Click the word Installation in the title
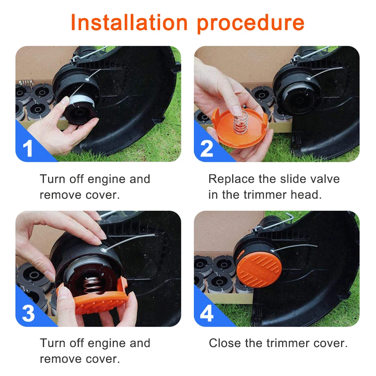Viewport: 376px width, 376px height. [x=129, y=23]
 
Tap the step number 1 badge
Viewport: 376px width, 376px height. [x=27, y=148]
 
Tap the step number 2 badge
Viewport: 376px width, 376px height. [x=207, y=148]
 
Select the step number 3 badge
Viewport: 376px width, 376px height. [x=28, y=313]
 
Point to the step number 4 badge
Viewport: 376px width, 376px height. [x=207, y=313]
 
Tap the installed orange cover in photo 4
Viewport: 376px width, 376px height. [x=259, y=270]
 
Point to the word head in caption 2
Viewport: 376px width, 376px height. [x=306, y=195]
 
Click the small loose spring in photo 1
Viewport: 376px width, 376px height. [x=26, y=83]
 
